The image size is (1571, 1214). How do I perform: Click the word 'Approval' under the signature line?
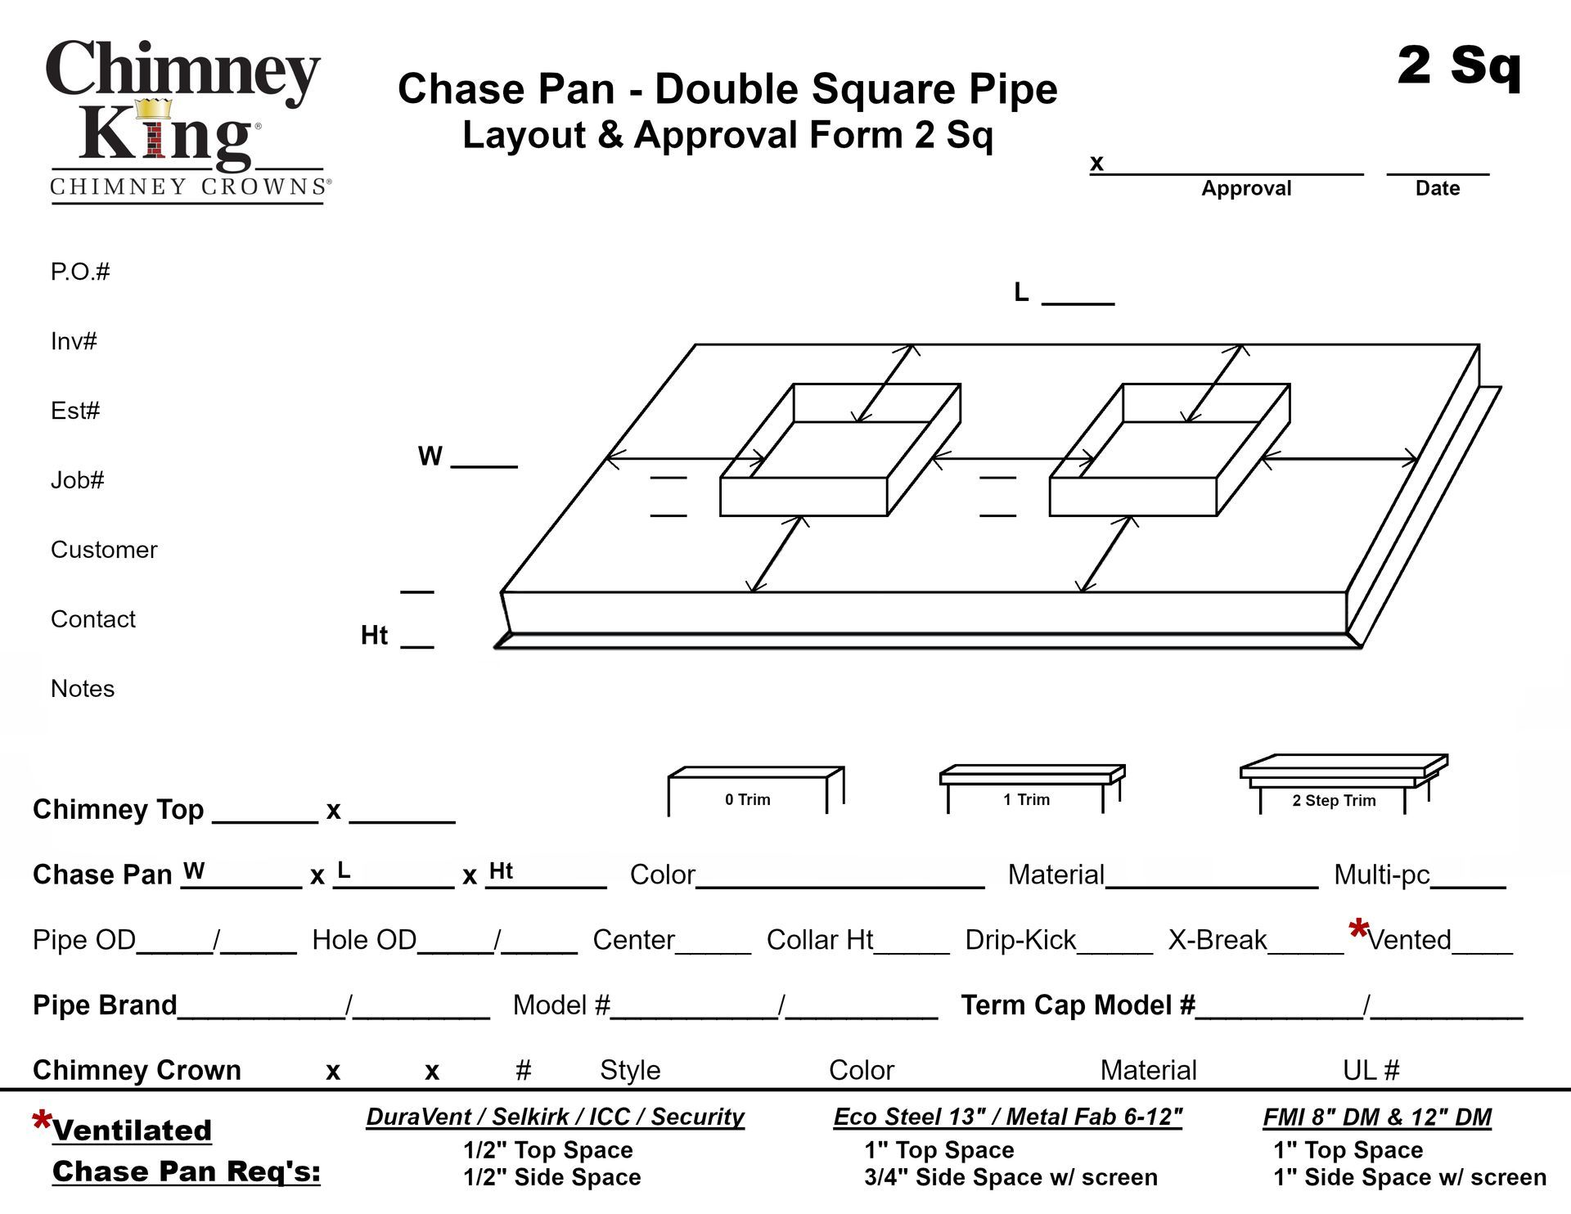[1245, 188]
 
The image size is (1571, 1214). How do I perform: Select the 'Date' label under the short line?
[1437, 188]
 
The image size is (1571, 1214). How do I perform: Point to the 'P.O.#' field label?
[80, 272]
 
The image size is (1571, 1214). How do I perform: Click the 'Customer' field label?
[104, 550]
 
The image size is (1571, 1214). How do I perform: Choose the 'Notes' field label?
[83, 689]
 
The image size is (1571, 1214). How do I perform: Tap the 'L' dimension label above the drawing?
[1021, 292]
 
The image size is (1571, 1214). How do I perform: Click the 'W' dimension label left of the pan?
[430, 456]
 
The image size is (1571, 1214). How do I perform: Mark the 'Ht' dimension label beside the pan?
[374, 636]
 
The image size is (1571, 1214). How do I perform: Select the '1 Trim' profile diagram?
[1030, 789]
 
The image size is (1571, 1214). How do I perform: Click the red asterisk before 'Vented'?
[1358, 930]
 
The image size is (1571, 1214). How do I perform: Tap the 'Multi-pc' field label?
[1381, 875]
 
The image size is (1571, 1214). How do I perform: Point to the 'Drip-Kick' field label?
[1020, 941]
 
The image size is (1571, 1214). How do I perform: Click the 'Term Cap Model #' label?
[1078, 1005]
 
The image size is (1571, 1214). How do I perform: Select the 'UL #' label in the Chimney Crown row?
[1371, 1070]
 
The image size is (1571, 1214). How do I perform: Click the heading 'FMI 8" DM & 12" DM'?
[1377, 1117]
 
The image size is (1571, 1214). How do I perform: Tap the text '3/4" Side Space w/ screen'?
[1011, 1178]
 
